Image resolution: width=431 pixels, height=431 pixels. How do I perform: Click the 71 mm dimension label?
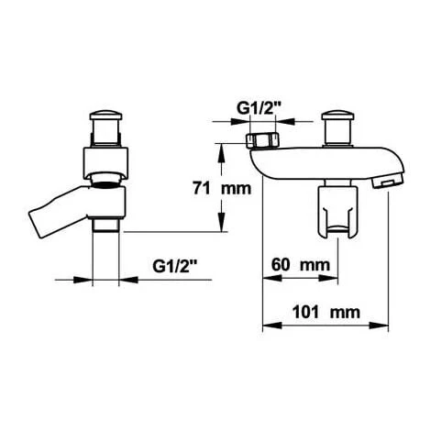(x=222, y=188)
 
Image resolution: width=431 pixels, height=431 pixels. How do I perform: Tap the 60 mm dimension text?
(x=301, y=265)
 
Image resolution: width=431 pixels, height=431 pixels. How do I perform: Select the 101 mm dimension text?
(x=326, y=312)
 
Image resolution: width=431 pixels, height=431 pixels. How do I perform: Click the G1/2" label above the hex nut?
(x=259, y=108)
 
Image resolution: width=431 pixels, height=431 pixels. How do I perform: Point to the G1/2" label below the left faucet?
(x=174, y=266)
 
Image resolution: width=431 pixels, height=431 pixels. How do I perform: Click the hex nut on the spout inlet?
(x=262, y=140)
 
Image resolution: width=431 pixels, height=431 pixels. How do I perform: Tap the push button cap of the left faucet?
(x=105, y=116)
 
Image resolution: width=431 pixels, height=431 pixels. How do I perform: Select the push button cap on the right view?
(x=337, y=116)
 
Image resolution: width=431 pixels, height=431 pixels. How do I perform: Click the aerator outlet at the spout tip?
(x=388, y=182)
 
